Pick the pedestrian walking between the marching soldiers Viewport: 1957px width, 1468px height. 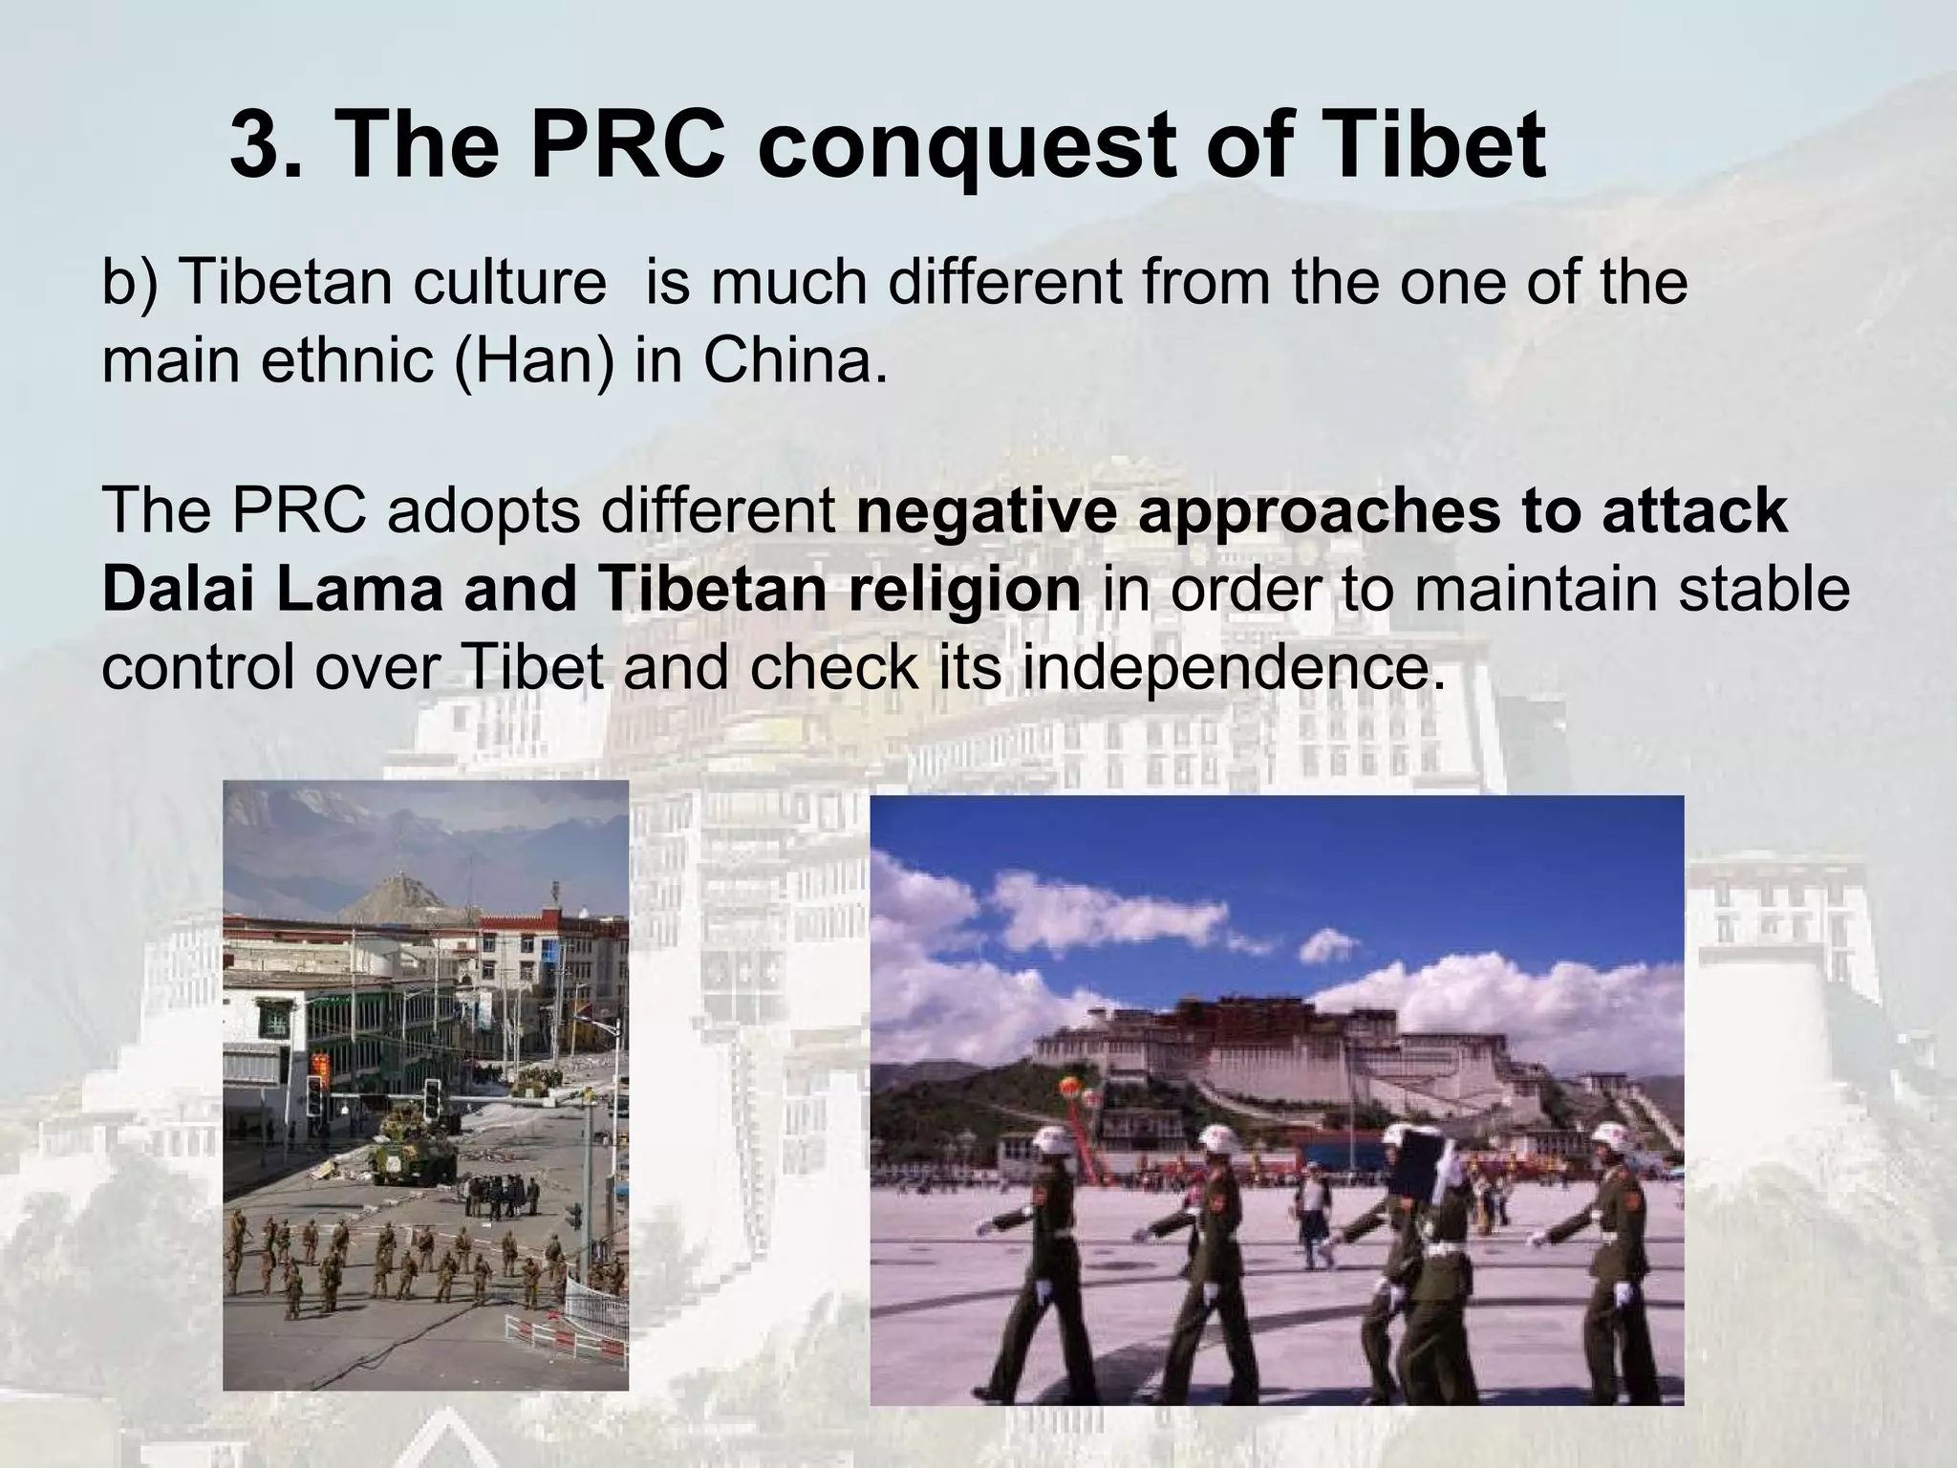pyautogui.click(x=1314, y=1214)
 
